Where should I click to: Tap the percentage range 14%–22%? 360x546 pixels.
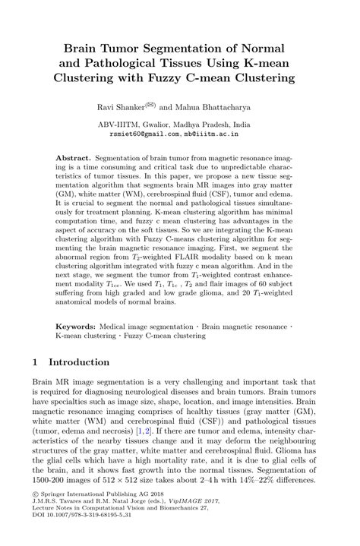(275, 481)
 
